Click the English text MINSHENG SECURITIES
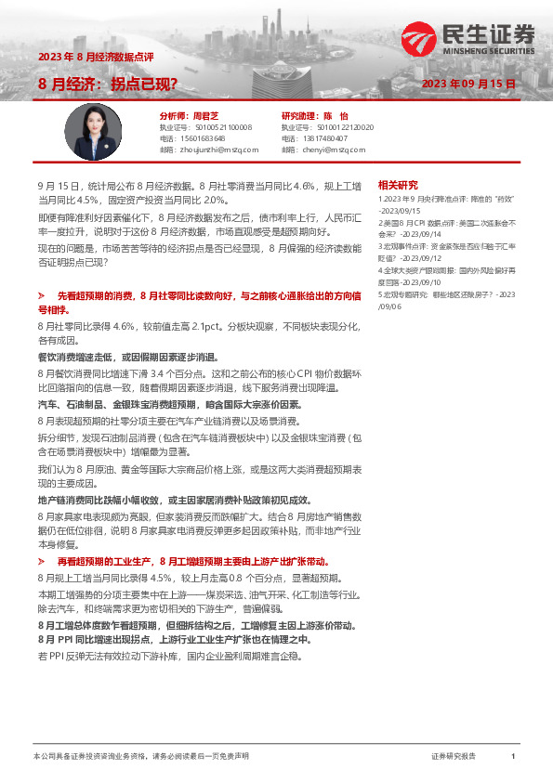[489, 53]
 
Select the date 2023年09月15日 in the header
[468, 84]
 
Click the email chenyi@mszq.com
[325, 149]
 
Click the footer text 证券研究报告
[454, 757]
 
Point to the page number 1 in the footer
[513, 757]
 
